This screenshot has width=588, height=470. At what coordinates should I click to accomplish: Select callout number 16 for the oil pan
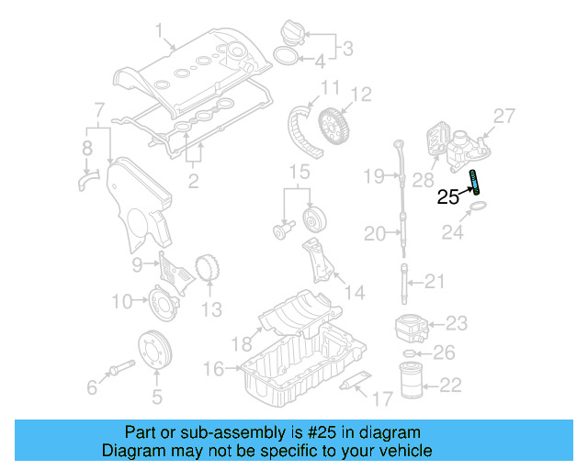pos(213,368)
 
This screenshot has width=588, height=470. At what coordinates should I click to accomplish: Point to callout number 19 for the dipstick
pos(372,175)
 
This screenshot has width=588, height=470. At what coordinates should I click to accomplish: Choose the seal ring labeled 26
pos(410,353)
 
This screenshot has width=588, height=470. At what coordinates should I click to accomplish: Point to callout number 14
pos(353,293)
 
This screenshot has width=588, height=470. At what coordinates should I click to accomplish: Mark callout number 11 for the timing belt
pos(330,89)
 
